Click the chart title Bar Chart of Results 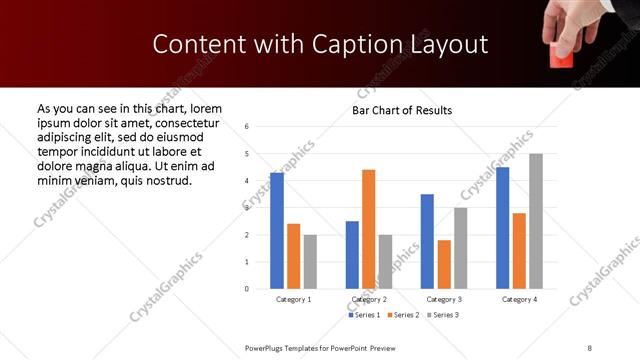[x=402, y=110]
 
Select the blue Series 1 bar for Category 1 [x=276, y=231]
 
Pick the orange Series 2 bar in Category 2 [x=369, y=229]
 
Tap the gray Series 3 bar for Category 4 [x=536, y=221]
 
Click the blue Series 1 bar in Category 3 [x=427, y=241]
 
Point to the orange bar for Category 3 [x=444, y=264]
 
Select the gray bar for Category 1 [x=310, y=262]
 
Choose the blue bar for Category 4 [x=502, y=228]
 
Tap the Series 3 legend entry [x=445, y=315]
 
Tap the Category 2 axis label [x=369, y=299]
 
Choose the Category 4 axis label [x=519, y=299]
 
